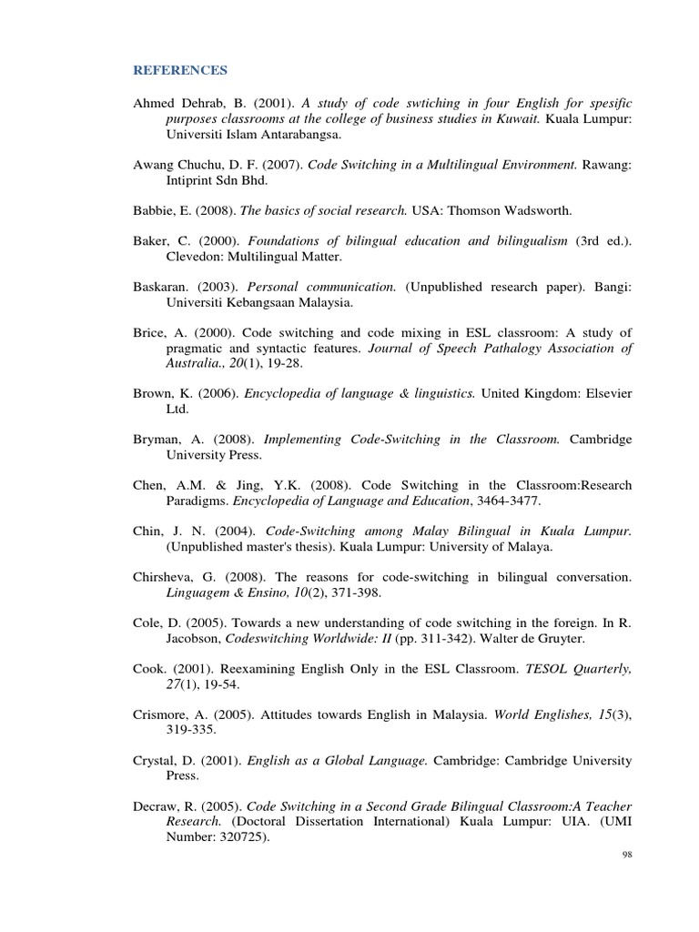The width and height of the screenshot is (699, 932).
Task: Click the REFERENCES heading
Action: tap(180, 70)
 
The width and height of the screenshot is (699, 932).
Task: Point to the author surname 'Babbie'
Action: tap(153, 210)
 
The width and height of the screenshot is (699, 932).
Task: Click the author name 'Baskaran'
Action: tap(161, 287)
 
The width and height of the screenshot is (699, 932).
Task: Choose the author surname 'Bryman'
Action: tap(157, 440)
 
